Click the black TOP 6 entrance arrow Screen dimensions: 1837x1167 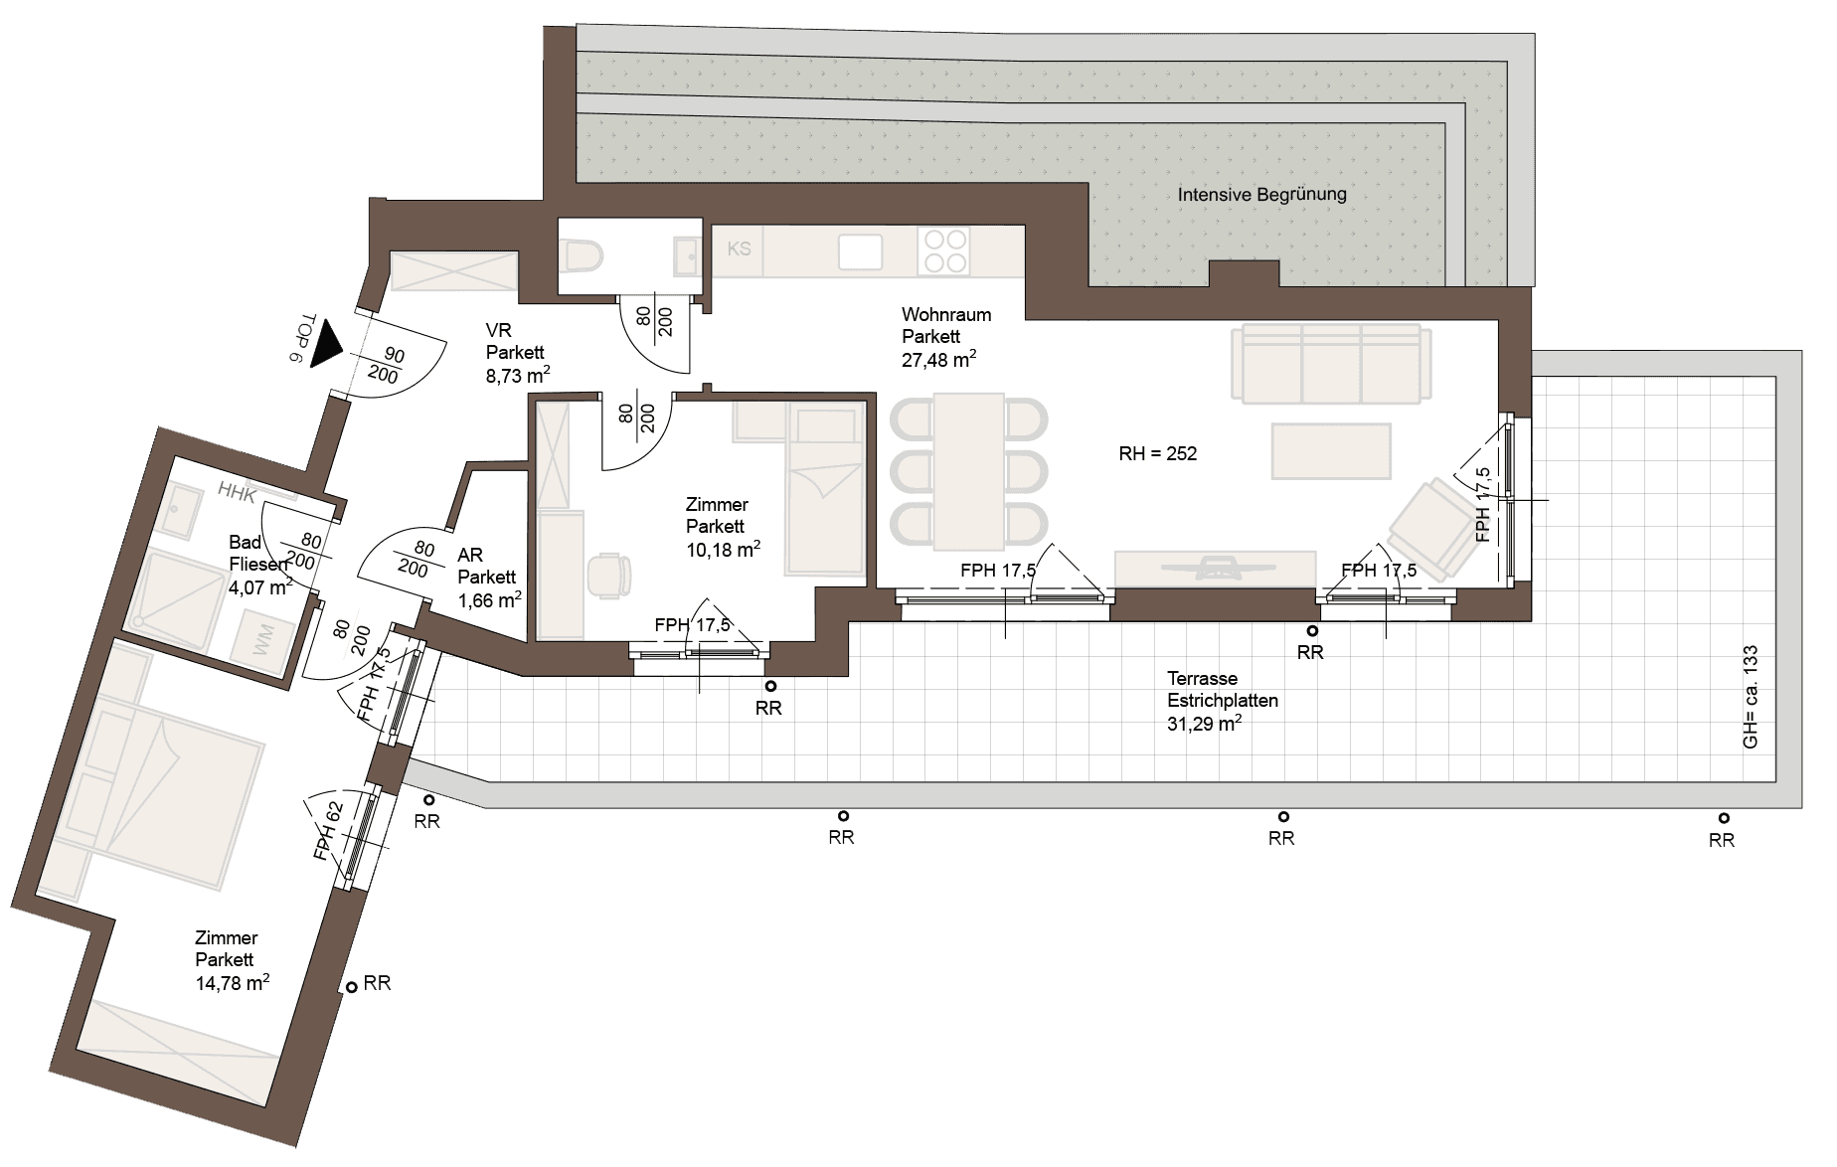pos(327,343)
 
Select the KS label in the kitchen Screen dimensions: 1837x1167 pos(739,249)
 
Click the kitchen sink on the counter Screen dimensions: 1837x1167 pos(860,251)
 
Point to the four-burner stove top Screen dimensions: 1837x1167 pos(944,250)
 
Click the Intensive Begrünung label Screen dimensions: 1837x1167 pos(1261,195)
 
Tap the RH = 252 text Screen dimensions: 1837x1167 pos(1157,454)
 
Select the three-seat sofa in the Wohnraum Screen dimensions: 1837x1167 pos(1331,363)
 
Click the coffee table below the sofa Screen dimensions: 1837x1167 pos(1331,450)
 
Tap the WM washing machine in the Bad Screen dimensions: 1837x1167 pos(262,641)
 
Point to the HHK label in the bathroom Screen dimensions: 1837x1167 pos(238,492)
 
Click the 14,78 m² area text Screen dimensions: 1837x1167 pos(233,983)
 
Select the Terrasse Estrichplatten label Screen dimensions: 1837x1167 pos(1222,690)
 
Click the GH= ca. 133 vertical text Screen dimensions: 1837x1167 pos(1751,698)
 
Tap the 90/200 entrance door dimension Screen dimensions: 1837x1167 pos(388,365)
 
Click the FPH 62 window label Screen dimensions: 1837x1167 pos(327,830)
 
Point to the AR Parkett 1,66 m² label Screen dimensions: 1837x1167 pos(489,578)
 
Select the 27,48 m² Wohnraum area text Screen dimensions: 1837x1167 pos(938,360)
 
